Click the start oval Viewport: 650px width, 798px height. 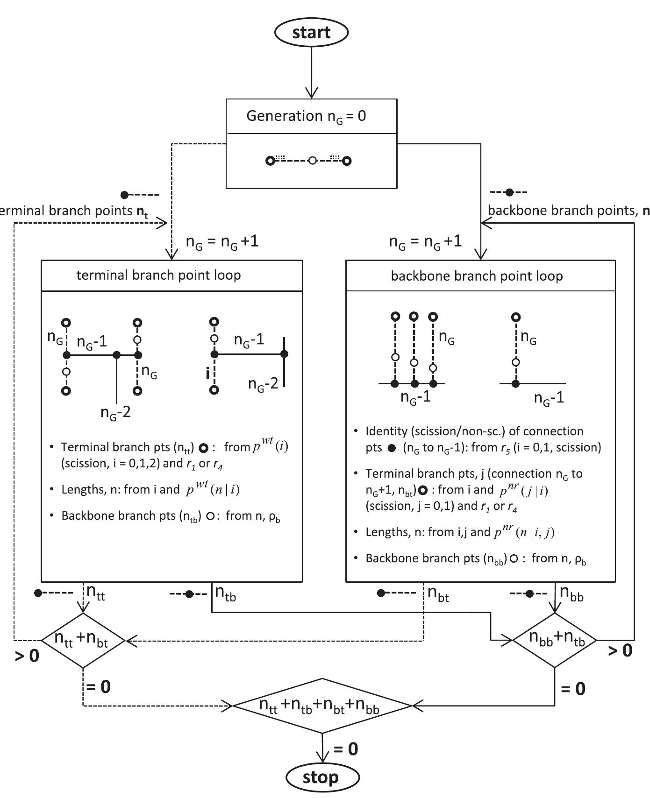311,32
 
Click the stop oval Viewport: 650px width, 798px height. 322,777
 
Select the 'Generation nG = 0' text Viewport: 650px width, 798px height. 306,116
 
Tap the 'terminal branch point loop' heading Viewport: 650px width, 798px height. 158,275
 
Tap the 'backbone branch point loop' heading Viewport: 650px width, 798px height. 477,276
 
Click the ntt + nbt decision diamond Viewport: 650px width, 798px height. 83,640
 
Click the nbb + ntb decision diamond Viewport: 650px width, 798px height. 555,640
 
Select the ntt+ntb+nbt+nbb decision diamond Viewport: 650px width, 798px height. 321,706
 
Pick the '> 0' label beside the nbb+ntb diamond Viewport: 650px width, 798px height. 620,650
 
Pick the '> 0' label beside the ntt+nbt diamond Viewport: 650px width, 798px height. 27,656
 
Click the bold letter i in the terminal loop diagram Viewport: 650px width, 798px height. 207,374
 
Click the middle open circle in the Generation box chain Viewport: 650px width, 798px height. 312,161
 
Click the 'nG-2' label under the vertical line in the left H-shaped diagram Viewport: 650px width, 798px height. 115,413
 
